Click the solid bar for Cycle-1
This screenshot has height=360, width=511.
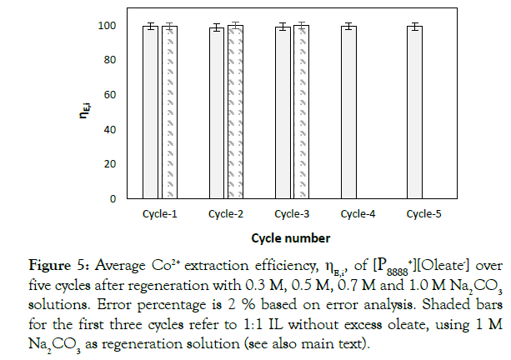[x=150, y=112]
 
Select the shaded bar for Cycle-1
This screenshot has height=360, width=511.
[x=168, y=112]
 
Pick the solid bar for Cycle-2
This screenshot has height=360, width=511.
[x=217, y=113]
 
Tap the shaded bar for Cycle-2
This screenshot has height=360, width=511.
[x=235, y=112]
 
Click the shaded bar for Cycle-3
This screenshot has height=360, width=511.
[x=302, y=112]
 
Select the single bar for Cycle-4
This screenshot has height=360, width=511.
[x=349, y=112]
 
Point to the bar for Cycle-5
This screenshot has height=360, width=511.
[x=415, y=112]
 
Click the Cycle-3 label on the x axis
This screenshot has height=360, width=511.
[x=292, y=214]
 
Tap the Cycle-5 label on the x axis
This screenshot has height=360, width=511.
[x=424, y=214]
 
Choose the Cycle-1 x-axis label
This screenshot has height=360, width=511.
[x=158, y=214]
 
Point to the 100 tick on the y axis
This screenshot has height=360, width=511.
[x=108, y=26]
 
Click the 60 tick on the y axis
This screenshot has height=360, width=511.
[x=110, y=95]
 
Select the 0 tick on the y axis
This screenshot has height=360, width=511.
[x=113, y=199]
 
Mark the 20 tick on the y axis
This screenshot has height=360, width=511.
[x=110, y=164]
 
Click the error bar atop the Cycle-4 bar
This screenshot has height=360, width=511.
[x=349, y=26]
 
